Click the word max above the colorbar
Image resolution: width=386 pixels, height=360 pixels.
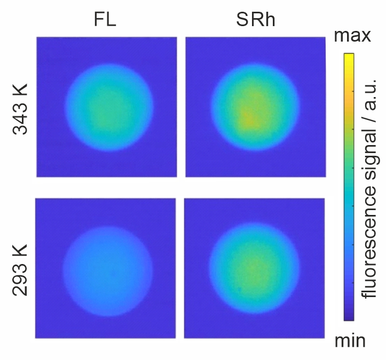pos(352,36)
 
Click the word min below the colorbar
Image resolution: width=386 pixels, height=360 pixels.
pos(350,340)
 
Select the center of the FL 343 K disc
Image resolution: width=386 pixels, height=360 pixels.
pos(106,107)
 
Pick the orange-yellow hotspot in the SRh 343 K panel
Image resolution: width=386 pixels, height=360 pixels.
pos(246,117)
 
